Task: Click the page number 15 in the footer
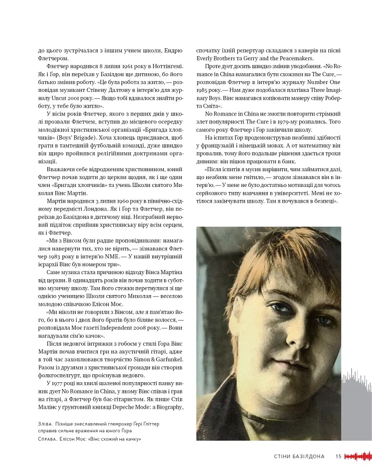click(x=339, y=456)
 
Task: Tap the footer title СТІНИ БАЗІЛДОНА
click(x=299, y=456)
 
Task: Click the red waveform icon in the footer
click(x=359, y=456)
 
